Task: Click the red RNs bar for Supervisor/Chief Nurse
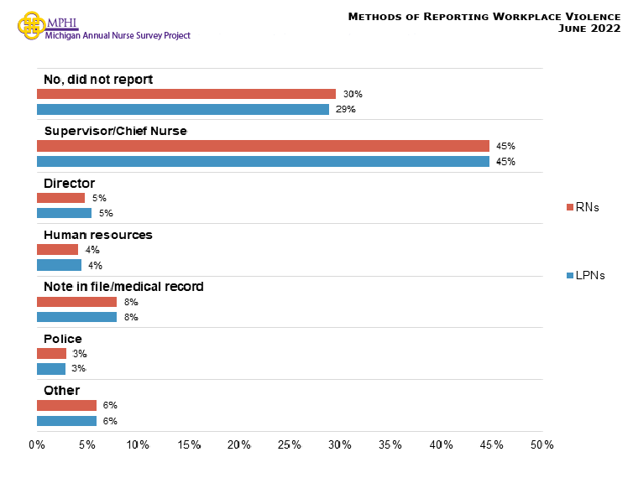click(263, 146)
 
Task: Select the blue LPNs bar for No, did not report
click(183, 109)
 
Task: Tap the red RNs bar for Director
click(61, 198)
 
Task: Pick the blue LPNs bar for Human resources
click(60, 265)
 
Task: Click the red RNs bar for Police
click(51, 354)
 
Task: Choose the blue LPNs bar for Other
click(67, 421)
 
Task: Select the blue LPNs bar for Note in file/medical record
click(77, 317)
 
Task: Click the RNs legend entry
click(583, 207)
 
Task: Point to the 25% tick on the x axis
click(290, 444)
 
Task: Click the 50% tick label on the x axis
click(542, 444)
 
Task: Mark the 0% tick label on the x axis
click(37, 444)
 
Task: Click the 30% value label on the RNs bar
click(353, 94)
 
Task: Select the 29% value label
click(346, 109)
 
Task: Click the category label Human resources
click(97, 235)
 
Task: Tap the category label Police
click(63, 339)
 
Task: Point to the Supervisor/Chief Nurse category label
click(115, 131)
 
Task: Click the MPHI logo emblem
click(31, 25)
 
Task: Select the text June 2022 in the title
click(589, 29)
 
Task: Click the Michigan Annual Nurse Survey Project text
click(123, 35)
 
